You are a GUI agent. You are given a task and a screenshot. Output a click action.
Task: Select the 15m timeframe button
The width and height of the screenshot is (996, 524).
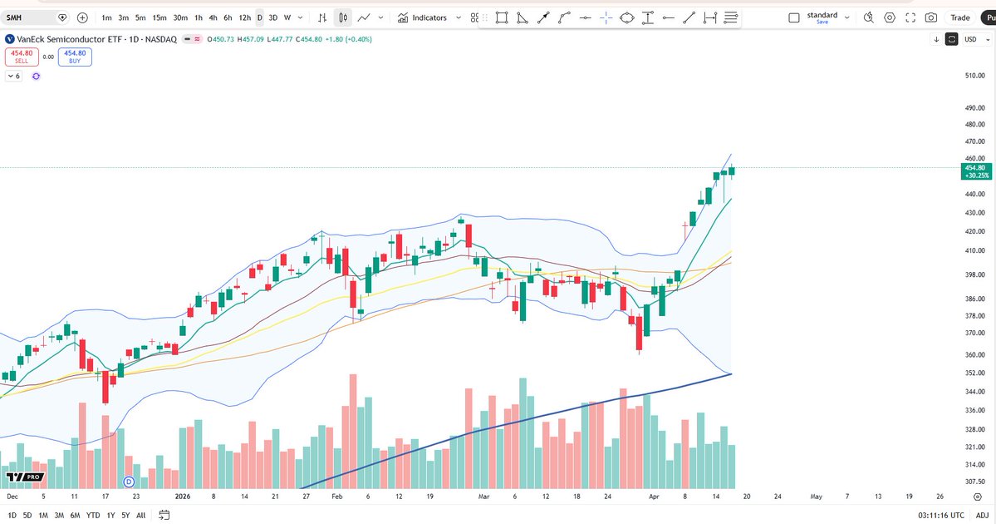pyautogui.click(x=159, y=17)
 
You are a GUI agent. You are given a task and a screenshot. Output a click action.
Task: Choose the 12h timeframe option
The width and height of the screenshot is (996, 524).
pyautogui.click(x=244, y=17)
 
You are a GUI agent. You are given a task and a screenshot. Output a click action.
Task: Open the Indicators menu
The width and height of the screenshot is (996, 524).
pyautogui.click(x=423, y=17)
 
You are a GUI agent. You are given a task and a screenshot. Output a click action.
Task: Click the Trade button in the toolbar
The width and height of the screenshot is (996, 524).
pyautogui.click(x=959, y=17)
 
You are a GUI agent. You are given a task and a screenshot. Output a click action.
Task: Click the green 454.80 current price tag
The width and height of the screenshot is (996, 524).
pyautogui.click(x=974, y=171)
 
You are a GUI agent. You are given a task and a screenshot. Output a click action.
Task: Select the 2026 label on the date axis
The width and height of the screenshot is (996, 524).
pyautogui.click(x=184, y=496)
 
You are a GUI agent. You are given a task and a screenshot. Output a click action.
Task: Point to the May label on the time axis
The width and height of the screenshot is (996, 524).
pyautogui.click(x=816, y=496)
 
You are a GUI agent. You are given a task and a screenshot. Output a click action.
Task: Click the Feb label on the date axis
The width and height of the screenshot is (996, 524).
pyautogui.click(x=336, y=496)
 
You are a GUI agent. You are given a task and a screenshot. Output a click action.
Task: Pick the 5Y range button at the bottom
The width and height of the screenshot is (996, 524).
pyautogui.click(x=125, y=515)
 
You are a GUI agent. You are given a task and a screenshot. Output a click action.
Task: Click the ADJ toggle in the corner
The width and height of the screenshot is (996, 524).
pyautogui.click(x=982, y=515)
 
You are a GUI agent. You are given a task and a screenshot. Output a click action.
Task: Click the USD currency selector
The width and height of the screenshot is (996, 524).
pyautogui.click(x=970, y=39)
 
